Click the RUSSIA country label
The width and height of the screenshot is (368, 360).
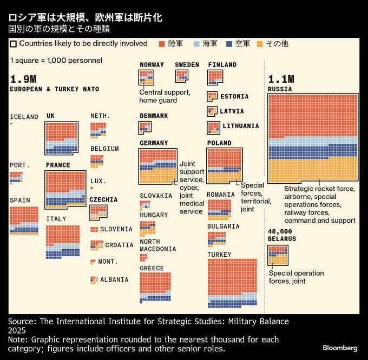[x=280, y=89]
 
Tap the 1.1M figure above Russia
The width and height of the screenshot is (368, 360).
[x=280, y=79]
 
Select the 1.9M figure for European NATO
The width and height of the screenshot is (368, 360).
[x=23, y=79]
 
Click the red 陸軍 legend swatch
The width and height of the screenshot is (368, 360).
[x=161, y=44]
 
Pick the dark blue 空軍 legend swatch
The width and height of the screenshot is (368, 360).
[x=229, y=44]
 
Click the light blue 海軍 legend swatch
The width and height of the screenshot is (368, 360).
[x=195, y=44]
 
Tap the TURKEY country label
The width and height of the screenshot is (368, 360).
[x=219, y=255]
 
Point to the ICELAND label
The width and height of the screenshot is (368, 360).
[x=24, y=117]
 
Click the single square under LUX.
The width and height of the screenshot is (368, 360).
[x=91, y=188]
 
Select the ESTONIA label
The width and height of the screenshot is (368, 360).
[x=234, y=97]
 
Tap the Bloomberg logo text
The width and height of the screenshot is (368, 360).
[x=340, y=347]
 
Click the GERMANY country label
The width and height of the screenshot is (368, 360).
[x=154, y=143]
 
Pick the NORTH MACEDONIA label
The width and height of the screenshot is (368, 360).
[x=157, y=245]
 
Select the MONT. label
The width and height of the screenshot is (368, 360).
[x=108, y=262]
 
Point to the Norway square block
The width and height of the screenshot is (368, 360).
[x=146, y=78]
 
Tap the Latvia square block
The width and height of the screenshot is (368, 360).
[x=212, y=112]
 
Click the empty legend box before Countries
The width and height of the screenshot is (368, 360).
[x=13, y=44]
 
